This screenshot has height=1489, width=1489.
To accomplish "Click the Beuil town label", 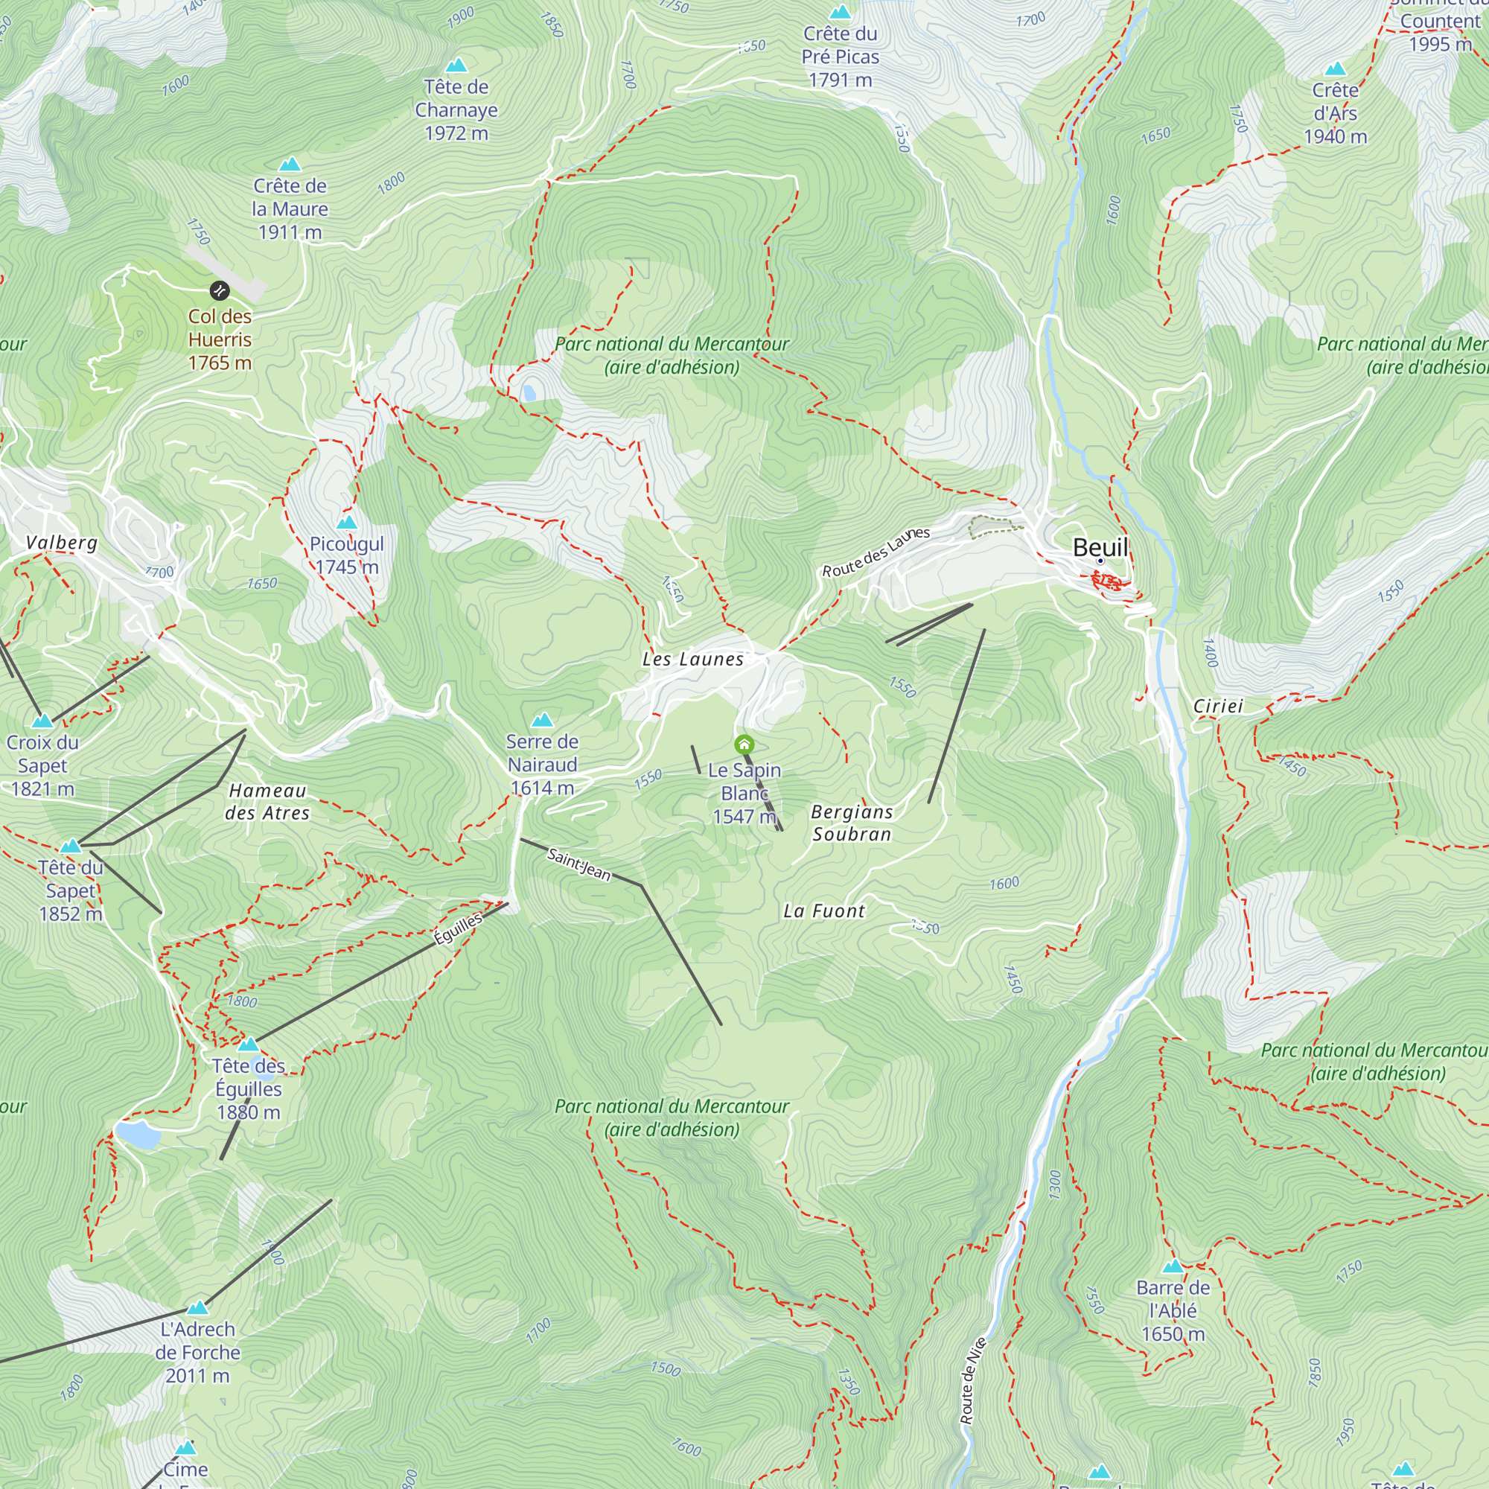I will point(1100,547).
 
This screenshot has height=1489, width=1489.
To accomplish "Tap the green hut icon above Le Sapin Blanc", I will point(744,744).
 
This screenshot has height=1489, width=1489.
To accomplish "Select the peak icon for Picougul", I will point(347,523).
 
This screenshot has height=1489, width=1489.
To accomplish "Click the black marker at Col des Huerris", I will point(220,290).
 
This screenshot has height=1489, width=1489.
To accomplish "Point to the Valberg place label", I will point(62,543).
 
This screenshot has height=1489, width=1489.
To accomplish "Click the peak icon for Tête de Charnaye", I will point(456,66).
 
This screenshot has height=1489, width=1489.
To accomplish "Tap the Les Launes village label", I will point(693,659).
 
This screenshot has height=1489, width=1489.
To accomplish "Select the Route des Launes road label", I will point(876,552).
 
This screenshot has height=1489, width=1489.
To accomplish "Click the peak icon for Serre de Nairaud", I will point(542,721).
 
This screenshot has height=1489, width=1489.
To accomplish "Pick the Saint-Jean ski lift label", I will point(578,864).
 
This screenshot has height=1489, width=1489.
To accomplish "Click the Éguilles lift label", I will point(459,928).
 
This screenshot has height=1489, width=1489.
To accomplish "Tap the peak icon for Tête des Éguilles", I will point(248,1045).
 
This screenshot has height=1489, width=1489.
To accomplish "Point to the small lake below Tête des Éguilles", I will point(138,1135).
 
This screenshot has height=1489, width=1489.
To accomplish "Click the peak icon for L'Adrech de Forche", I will point(198,1308).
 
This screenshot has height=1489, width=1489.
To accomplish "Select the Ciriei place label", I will point(1218,706).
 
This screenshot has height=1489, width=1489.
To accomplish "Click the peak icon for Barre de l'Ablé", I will point(1173,1266).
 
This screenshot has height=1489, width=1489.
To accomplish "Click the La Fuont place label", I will point(824,911).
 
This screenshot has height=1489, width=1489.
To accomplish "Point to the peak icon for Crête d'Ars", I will point(1335,68).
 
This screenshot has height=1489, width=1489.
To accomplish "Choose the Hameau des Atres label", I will point(267,802).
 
